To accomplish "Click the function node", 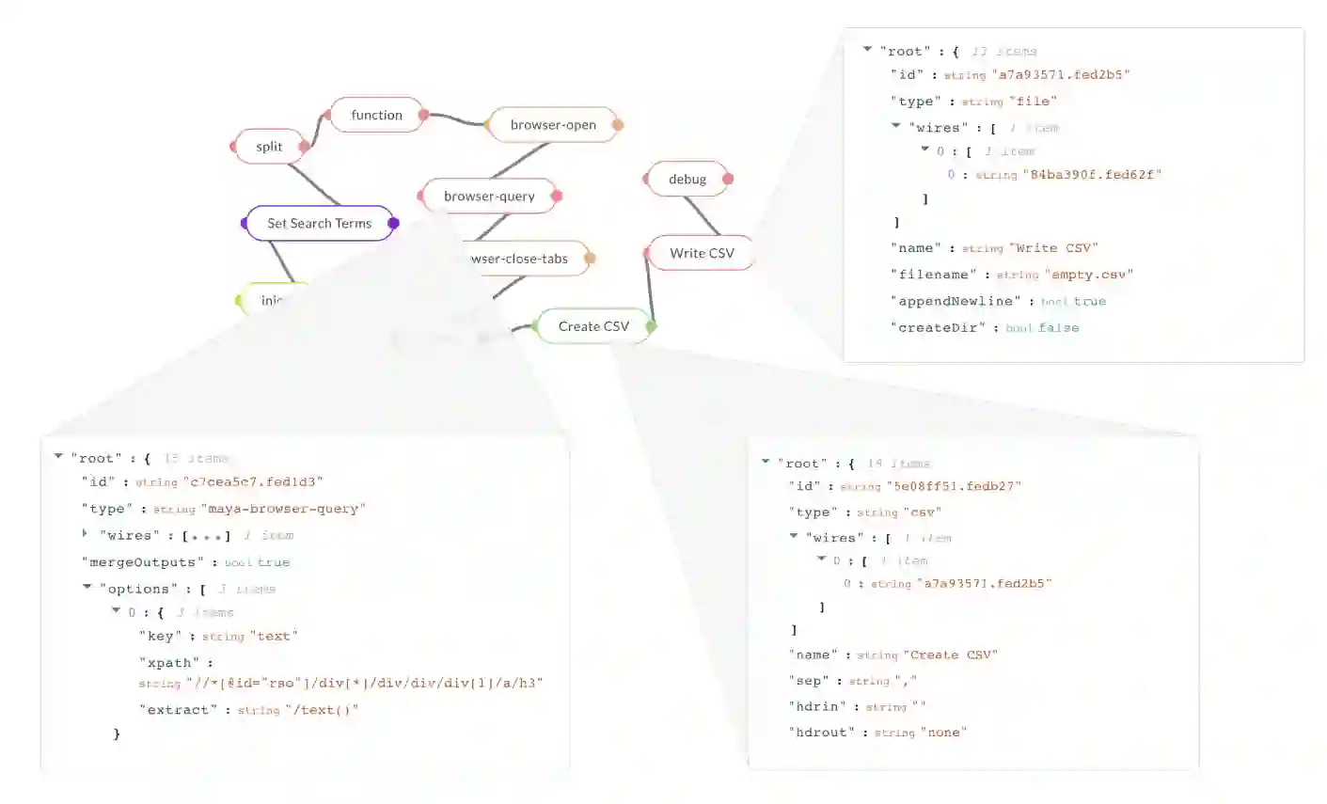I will (x=376, y=115).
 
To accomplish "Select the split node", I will (x=269, y=147).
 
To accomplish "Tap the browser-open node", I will (x=553, y=125).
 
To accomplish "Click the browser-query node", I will (x=489, y=197).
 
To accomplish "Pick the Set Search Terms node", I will (x=320, y=224).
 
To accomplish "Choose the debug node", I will (x=687, y=180).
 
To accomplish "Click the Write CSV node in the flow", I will (x=702, y=253).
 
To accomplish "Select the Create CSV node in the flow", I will (x=593, y=326).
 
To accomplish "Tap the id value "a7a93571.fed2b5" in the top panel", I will (x=1064, y=74).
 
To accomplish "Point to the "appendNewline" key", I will (x=956, y=301).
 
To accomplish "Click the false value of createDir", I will (x=1059, y=327).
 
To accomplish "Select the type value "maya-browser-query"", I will (x=283, y=509).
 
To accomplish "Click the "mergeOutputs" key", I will (x=142, y=562).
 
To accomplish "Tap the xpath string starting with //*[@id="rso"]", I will (x=365, y=684).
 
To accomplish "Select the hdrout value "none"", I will (x=943, y=733).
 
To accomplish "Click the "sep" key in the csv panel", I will (x=809, y=681).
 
